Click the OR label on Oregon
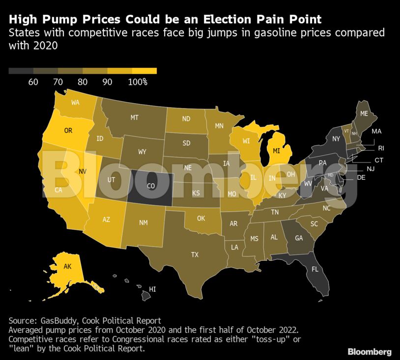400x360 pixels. pos(68,131)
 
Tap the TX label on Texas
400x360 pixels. pos(195,254)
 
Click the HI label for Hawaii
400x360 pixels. pos(152,289)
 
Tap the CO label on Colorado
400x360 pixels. pos(151,186)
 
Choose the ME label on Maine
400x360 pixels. pos(364,113)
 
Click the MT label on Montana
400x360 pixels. pos(134,117)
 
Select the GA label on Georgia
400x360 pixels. pos(299,238)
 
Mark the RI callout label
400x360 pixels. pos(380,148)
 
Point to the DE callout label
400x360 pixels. pos(361,177)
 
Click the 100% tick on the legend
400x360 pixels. pos(138,82)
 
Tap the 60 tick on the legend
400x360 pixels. pos(33,82)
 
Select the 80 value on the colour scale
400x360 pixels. pos(83,82)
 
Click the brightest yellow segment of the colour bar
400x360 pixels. pos(144,71)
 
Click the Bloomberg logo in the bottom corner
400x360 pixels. pos(370,352)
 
